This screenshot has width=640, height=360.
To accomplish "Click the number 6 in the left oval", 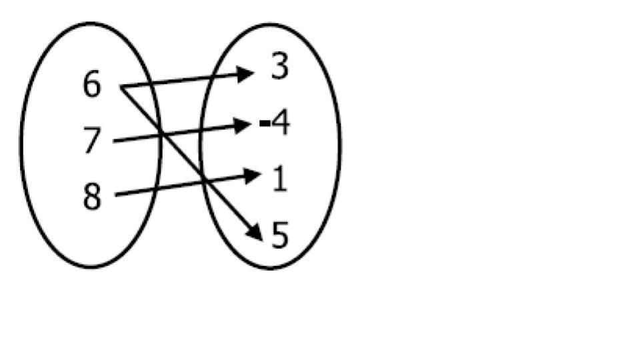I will tap(92, 85).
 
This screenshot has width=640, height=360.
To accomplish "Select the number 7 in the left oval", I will tap(92, 141).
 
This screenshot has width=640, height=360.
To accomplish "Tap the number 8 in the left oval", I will tap(92, 197).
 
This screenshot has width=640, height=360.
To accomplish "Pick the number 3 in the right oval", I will tap(281, 67).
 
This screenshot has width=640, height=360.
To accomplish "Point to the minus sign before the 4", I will tap(265, 123).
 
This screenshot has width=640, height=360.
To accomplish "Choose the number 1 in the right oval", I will tap(280, 179).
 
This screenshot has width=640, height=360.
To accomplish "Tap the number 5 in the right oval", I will tap(281, 235).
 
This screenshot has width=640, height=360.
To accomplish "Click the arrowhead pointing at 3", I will tap(246, 73).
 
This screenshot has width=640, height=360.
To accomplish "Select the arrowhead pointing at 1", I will tap(251, 176).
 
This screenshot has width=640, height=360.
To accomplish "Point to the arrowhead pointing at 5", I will tap(255, 231).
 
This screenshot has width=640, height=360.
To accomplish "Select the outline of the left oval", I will tap(22, 143).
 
